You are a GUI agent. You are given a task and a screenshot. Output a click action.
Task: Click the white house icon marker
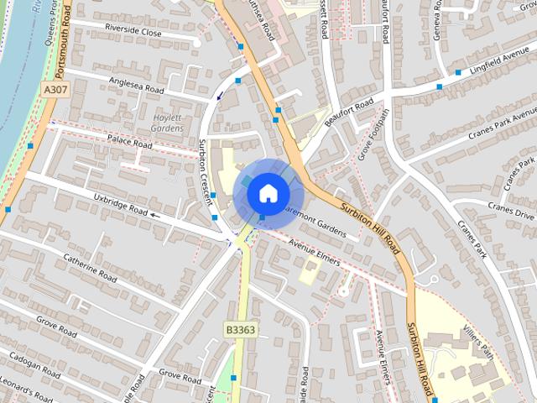coord(267,192)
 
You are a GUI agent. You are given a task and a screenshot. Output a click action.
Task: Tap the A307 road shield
coord(56,89)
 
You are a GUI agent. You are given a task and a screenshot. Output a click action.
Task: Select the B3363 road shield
coord(239,330)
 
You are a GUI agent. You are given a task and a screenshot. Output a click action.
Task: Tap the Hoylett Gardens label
coord(167,123)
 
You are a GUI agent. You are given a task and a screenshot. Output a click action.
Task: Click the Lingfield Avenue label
coord(498,65)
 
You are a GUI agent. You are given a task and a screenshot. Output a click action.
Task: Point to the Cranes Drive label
coord(512,207)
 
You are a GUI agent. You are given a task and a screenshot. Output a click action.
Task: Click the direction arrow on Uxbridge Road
coord(154,215)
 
